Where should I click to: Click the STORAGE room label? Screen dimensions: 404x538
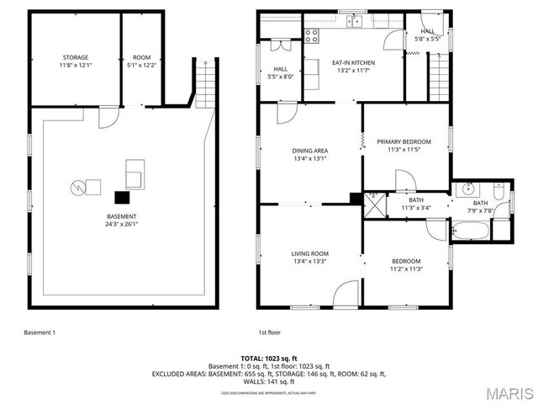pyautogui.click(x=75, y=57)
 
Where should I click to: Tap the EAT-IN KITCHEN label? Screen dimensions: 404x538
pyautogui.click(x=353, y=63)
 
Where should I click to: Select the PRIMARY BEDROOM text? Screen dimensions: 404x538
pyautogui.click(x=403, y=141)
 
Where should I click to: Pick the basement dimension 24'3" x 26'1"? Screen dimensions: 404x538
pyautogui.click(x=122, y=225)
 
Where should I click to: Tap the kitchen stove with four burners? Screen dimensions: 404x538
pyautogui.click(x=312, y=36)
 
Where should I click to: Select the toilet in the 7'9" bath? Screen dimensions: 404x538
pyautogui.click(x=500, y=196)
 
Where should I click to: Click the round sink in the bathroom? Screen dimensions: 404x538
pyautogui.click(x=469, y=188)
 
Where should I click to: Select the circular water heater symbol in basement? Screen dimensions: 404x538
pyautogui.click(x=77, y=186)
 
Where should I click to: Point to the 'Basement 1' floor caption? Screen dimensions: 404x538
pyautogui.click(x=40, y=332)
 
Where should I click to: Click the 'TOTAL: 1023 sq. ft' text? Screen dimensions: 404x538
pyautogui.click(x=268, y=358)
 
